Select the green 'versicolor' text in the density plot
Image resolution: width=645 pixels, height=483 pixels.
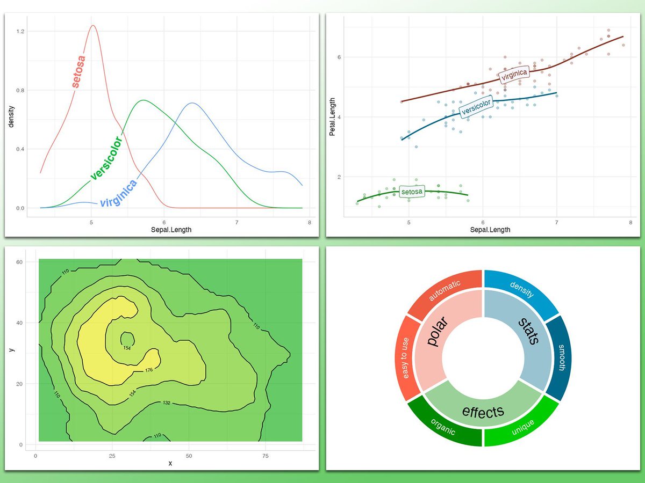pos(106,158)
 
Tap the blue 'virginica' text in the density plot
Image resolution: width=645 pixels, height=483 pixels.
pos(118,194)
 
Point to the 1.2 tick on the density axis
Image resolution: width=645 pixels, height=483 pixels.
pos(20,32)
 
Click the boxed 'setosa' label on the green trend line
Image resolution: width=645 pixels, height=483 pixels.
pos(412,192)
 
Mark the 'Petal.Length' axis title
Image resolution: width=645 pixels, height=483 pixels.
pos(333,116)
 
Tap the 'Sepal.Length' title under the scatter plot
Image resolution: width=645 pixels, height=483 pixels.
pos(490,230)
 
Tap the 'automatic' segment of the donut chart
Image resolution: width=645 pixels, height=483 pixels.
pos(444,291)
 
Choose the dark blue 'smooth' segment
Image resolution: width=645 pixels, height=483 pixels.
pos(560,357)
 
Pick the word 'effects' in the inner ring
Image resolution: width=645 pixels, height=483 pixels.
pos(483,412)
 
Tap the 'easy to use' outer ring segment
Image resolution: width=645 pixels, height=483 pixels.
pos(405,358)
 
